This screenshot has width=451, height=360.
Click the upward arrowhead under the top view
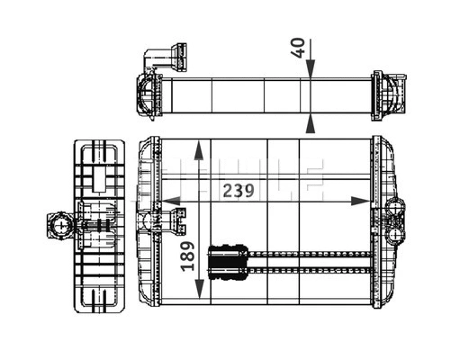[x=310, y=121]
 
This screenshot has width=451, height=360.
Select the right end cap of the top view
[x=386, y=94]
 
